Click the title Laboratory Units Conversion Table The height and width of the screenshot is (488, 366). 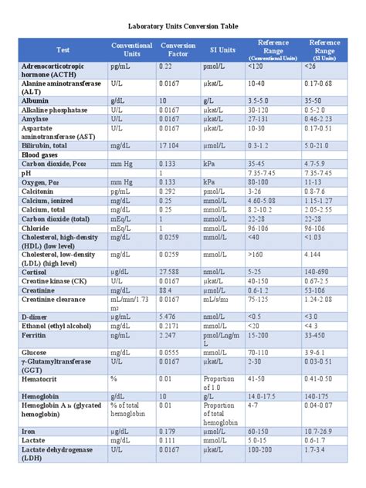click(x=182, y=25)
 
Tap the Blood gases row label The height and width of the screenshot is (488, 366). click(x=42, y=154)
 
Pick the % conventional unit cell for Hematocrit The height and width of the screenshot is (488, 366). click(x=114, y=379)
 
